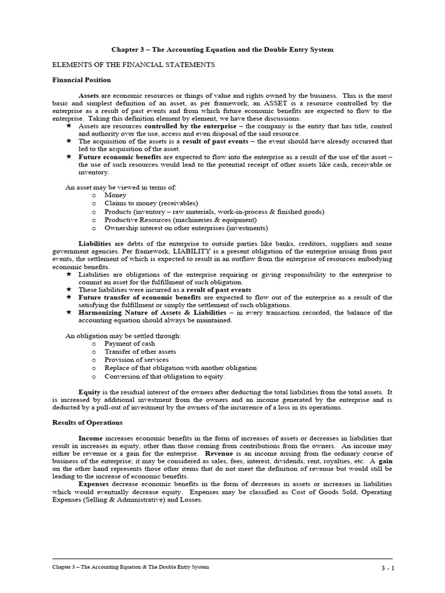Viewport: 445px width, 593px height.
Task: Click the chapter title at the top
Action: click(x=222, y=50)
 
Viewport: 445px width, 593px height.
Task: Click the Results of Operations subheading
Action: click(x=87, y=423)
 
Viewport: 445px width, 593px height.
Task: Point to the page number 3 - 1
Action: click(x=384, y=568)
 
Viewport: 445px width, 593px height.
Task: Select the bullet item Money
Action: click(x=115, y=196)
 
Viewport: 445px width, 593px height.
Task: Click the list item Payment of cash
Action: click(x=130, y=343)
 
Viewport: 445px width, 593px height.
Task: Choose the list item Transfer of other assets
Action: click(x=140, y=352)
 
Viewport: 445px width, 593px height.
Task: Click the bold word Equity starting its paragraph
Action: click(x=90, y=391)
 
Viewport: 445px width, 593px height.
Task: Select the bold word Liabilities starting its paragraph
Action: click(x=95, y=244)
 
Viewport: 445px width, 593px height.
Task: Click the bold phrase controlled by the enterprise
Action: click(x=190, y=126)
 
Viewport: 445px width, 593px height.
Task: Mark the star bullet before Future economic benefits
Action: click(x=69, y=156)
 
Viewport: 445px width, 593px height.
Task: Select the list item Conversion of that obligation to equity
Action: click(x=164, y=376)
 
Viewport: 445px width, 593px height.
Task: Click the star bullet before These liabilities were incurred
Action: click(x=69, y=289)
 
